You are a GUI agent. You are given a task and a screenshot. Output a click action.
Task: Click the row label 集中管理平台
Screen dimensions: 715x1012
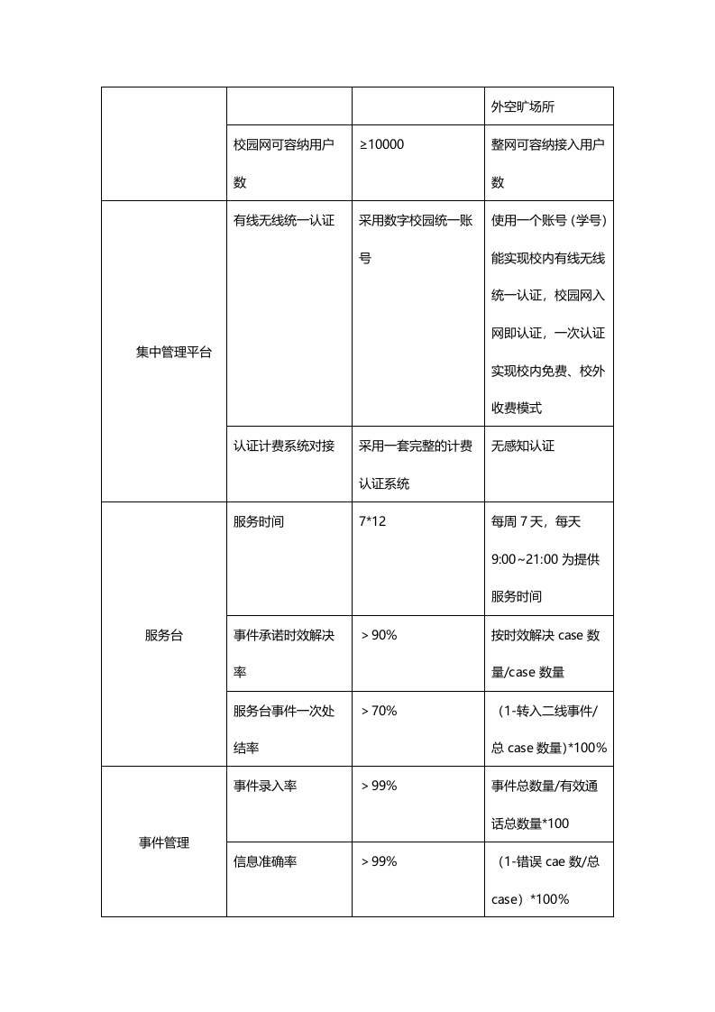coord(174,352)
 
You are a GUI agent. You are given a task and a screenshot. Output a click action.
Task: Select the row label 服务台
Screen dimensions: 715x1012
coord(163,635)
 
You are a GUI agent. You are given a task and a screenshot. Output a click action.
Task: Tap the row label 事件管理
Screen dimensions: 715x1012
coord(163,842)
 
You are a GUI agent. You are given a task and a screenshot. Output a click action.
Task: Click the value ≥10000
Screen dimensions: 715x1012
coord(382,144)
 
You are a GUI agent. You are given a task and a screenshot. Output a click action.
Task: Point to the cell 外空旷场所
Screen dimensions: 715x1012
coord(523,106)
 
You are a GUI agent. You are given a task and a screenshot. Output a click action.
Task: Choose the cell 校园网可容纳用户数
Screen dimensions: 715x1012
coord(284,163)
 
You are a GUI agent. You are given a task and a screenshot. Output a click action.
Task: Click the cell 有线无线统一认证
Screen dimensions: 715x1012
coord(284,220)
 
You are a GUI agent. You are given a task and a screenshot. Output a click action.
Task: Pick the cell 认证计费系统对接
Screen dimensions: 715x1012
coord(284,446)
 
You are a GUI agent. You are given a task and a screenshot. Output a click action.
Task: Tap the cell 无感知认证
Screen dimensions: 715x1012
coord(523,446)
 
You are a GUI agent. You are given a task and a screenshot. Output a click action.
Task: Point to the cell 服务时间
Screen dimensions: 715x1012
coord(259,521)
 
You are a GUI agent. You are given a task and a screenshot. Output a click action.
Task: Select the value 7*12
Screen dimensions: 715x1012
coord(372,521)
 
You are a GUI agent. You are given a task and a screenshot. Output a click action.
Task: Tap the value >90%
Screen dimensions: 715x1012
coord(379,635)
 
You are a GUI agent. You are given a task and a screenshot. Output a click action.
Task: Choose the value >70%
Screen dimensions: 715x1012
coord(379,711)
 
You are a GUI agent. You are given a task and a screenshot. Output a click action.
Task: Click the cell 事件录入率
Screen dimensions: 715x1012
coord(265,786)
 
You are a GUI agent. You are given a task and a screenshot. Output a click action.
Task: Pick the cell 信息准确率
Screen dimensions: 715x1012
coord(265,861)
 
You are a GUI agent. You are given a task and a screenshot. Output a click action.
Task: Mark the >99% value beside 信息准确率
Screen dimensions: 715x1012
coord(379,861)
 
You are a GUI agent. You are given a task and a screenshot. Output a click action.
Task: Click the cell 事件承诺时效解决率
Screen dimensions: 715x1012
coord(284,653)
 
